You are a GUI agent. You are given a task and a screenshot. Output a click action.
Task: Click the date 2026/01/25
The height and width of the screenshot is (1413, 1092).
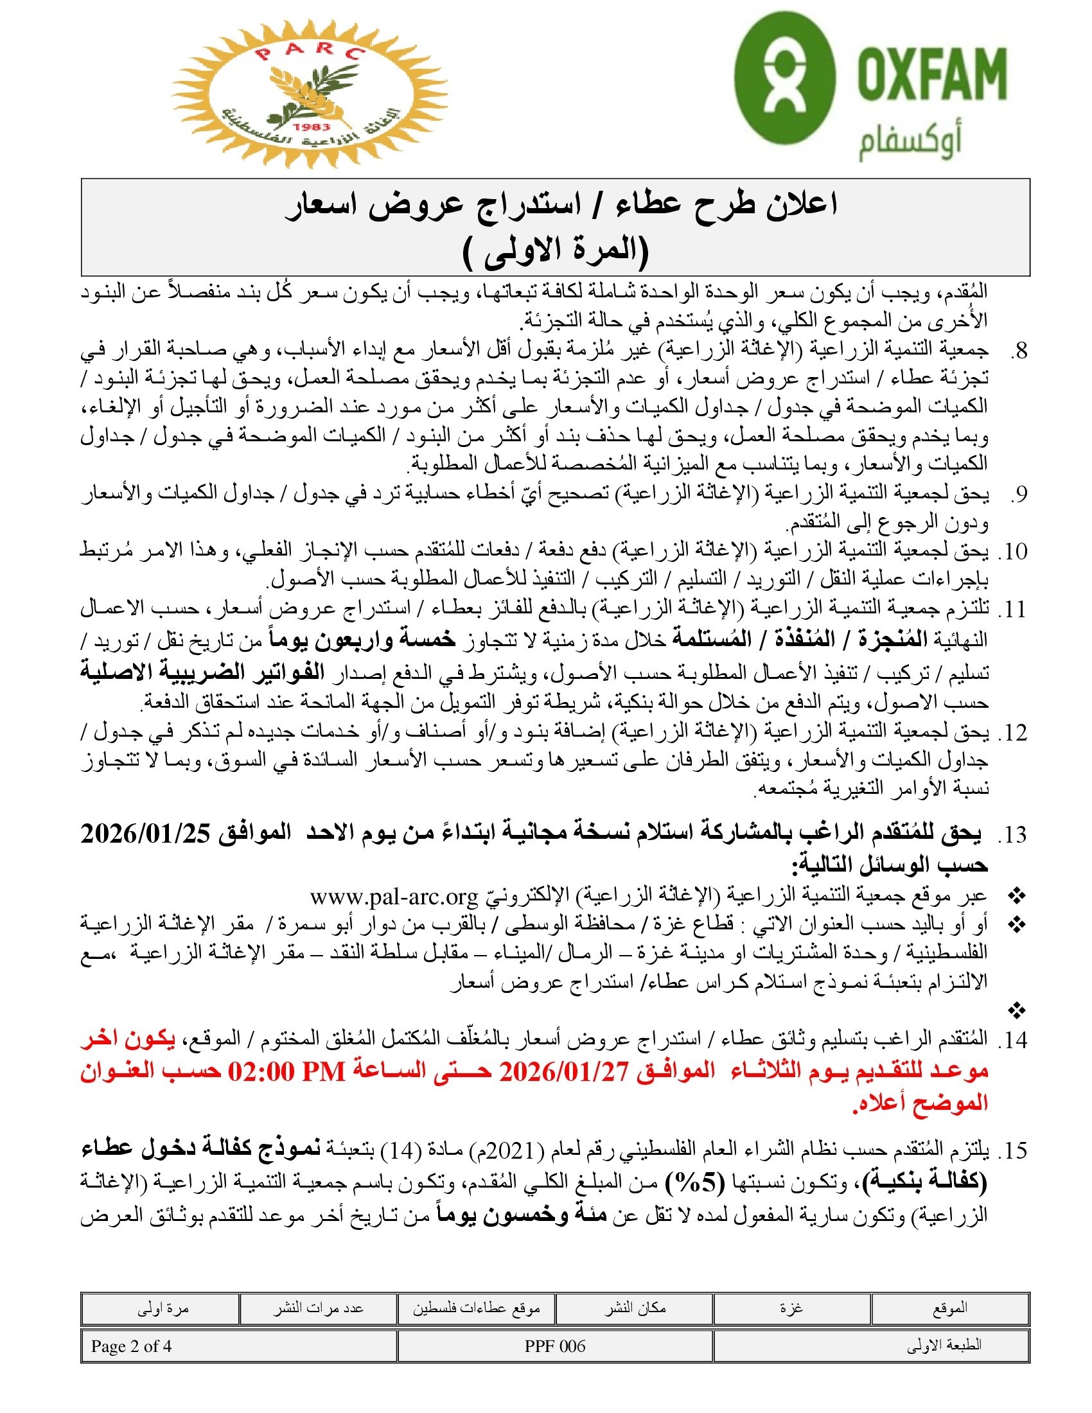[x=146, y=834]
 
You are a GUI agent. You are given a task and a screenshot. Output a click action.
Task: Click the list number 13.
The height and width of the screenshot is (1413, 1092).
[x=1013, y=835]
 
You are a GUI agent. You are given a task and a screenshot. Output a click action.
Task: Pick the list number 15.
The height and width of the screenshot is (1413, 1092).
[x=1013, y=1151]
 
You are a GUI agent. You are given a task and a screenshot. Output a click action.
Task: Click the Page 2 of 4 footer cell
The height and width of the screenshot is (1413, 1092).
[x=131, y=1346]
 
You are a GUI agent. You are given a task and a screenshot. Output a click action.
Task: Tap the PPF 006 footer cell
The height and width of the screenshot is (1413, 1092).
[x=555, y=1346]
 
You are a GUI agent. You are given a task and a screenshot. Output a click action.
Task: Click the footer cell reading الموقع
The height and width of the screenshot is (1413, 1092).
[x=949, y=1309]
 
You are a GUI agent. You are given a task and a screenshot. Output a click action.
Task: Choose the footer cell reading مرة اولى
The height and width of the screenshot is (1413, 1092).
[x=163, y=1309]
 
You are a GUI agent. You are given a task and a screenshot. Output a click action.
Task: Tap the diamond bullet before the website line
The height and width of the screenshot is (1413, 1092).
[x=1017, y=897]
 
